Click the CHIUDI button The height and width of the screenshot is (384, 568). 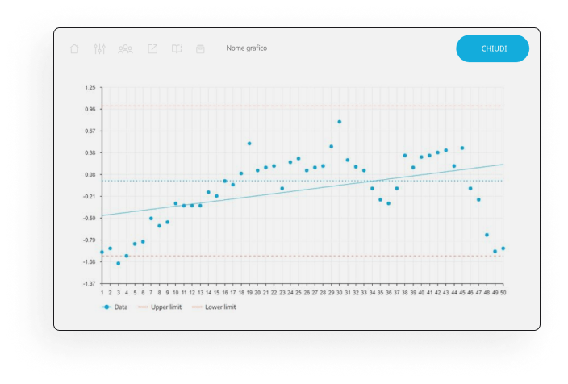coord(492,48)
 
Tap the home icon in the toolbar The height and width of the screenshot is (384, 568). coord(75,48)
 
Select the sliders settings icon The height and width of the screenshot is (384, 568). coord(100,48)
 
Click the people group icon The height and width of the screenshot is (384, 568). coord(125,48)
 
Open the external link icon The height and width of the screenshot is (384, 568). coord(152,48)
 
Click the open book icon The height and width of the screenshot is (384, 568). coord(177,48)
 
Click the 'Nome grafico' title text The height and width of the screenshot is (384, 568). coord(246,48)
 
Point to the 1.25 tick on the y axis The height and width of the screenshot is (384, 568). coord(89,87)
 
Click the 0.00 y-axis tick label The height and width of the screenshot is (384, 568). coord(89,174)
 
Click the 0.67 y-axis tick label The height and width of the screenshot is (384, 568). coord(89,131)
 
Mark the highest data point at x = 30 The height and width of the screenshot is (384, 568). coord(340,122)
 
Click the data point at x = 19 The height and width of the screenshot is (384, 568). coord(249,144)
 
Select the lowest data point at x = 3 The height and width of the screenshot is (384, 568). coord(118,263)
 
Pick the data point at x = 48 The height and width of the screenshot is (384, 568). coord(487,235)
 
